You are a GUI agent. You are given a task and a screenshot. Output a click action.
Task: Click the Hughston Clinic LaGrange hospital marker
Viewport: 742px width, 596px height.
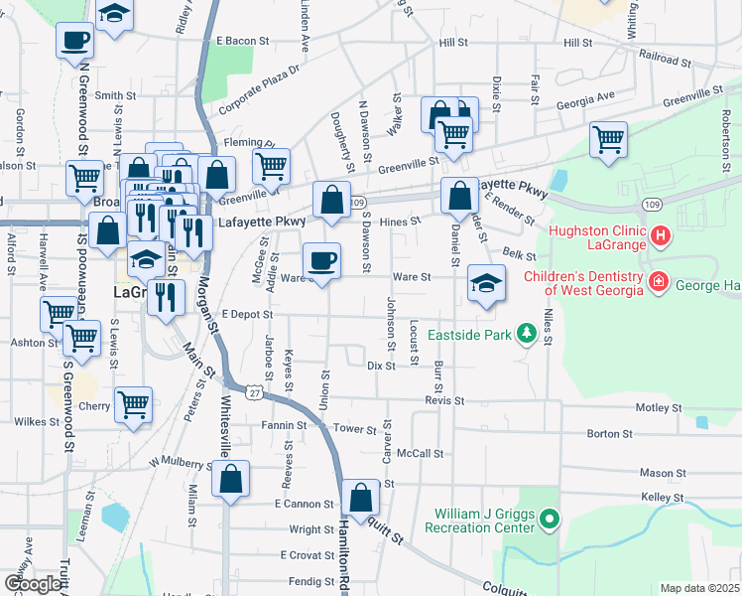point(662,237)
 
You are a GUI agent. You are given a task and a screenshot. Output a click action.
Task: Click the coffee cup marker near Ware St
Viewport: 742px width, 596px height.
point(321,260)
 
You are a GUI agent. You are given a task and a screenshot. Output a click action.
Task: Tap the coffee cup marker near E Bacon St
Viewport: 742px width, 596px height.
point(76,41)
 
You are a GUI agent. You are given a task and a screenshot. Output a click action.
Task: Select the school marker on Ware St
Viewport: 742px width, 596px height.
point(486,283)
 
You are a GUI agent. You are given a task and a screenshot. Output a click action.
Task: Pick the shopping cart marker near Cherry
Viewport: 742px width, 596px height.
point(133,403)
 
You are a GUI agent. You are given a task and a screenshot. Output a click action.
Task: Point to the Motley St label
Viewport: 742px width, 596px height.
point(659,407)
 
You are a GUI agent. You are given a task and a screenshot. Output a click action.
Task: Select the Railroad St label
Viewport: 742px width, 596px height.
point(665,60)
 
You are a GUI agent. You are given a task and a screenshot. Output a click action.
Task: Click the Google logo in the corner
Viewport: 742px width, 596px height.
point(32,584)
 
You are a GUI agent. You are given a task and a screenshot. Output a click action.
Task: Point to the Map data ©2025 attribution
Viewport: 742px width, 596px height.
point(699,588)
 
